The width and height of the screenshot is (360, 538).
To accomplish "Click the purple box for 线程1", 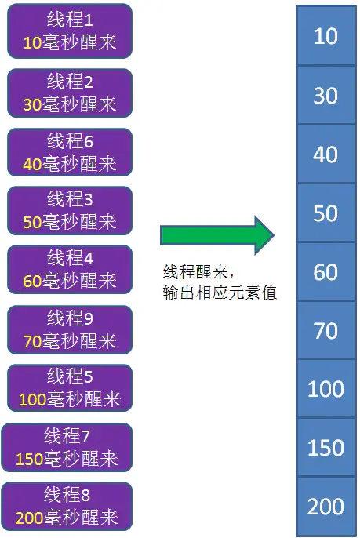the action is (70, 31).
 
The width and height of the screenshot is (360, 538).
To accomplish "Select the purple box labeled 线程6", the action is (70, 152).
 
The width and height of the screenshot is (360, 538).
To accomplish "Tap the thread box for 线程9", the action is (70, 329).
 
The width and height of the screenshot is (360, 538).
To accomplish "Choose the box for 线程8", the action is (67, 506).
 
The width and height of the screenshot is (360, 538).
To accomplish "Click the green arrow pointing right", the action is (217, 235).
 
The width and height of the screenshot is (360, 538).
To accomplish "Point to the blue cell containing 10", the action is (325, 35).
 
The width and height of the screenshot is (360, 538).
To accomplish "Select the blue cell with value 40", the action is (325, 154).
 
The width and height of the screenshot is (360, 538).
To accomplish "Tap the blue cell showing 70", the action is (325, 330).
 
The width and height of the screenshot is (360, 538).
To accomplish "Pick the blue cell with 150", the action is (325, 447).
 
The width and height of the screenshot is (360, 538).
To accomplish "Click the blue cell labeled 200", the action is (325, 507).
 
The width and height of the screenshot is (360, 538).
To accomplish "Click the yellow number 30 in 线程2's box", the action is (32, 104).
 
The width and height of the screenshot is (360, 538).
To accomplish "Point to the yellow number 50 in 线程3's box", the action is (32, 223).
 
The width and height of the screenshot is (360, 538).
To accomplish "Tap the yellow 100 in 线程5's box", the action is (32, 400).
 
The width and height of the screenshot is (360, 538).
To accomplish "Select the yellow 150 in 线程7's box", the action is (29, 459).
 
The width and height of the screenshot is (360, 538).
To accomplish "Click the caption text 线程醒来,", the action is (198, 272).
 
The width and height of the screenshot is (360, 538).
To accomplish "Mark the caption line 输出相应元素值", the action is (220, 293).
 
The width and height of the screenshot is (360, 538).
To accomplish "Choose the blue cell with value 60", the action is (325, 271).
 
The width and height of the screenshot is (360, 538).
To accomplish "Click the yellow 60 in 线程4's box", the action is (32, 282).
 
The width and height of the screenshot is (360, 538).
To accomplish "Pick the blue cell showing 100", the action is (325, 389).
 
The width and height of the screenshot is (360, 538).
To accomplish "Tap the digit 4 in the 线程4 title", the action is (89, 259).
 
